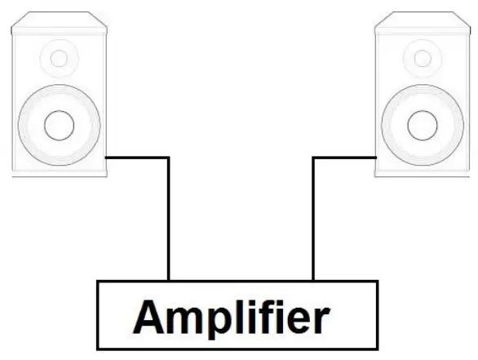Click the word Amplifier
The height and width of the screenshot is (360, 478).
tap(237, 315)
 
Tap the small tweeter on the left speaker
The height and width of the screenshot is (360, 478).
tap(59, 59)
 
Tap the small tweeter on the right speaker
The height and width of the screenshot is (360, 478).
tap(422, 59)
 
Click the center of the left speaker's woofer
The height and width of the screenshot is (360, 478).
tap(59, 126)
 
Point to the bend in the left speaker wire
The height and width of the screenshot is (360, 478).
tap(169, 158)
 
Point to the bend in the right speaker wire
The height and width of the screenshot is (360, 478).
tap(314, 158)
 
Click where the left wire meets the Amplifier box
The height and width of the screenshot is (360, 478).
tap(169, 280)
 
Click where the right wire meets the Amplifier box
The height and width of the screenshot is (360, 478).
tap(314, 280)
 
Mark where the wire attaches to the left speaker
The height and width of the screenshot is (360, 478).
tap(108, 158)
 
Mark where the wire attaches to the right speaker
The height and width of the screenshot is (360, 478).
tap(374, 158)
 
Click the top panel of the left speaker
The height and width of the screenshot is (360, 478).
tap(59, 20)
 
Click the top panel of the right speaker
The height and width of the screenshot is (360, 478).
tap(422, 20)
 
